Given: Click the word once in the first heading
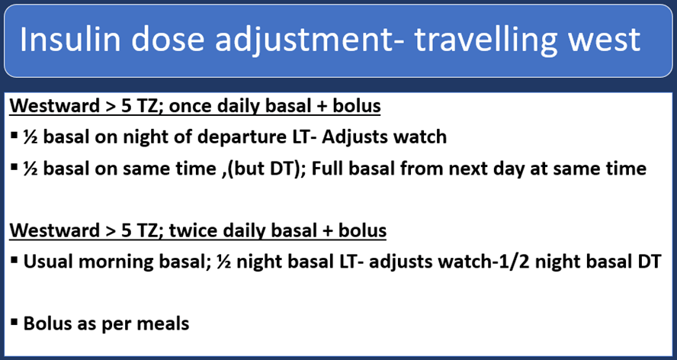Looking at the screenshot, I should click(x=194, y=106).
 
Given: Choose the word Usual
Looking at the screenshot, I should click(x=48, y=262).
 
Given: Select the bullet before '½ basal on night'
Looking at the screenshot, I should click(x=14, y=138).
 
